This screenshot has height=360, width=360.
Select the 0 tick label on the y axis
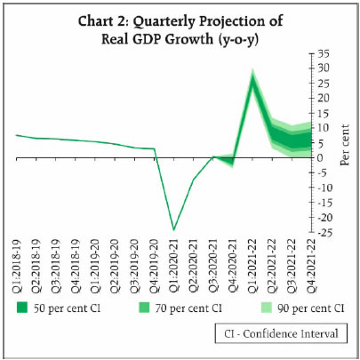pyautogui.click(x=322, y=157)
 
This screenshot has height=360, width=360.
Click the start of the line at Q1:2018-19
pyautogui.click(x=17, y=135)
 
